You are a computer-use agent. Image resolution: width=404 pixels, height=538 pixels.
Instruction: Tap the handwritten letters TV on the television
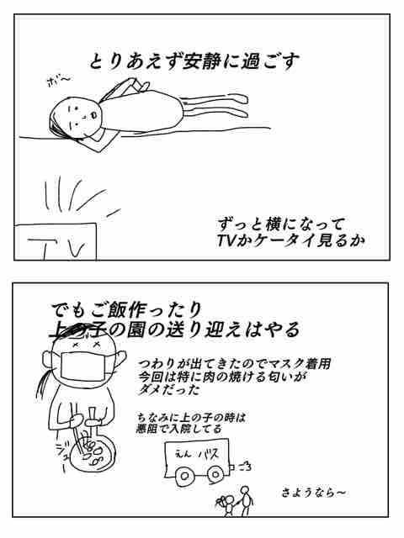(x=56, y=248)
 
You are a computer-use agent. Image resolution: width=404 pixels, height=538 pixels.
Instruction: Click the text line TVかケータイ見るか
(x=281, y=241)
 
